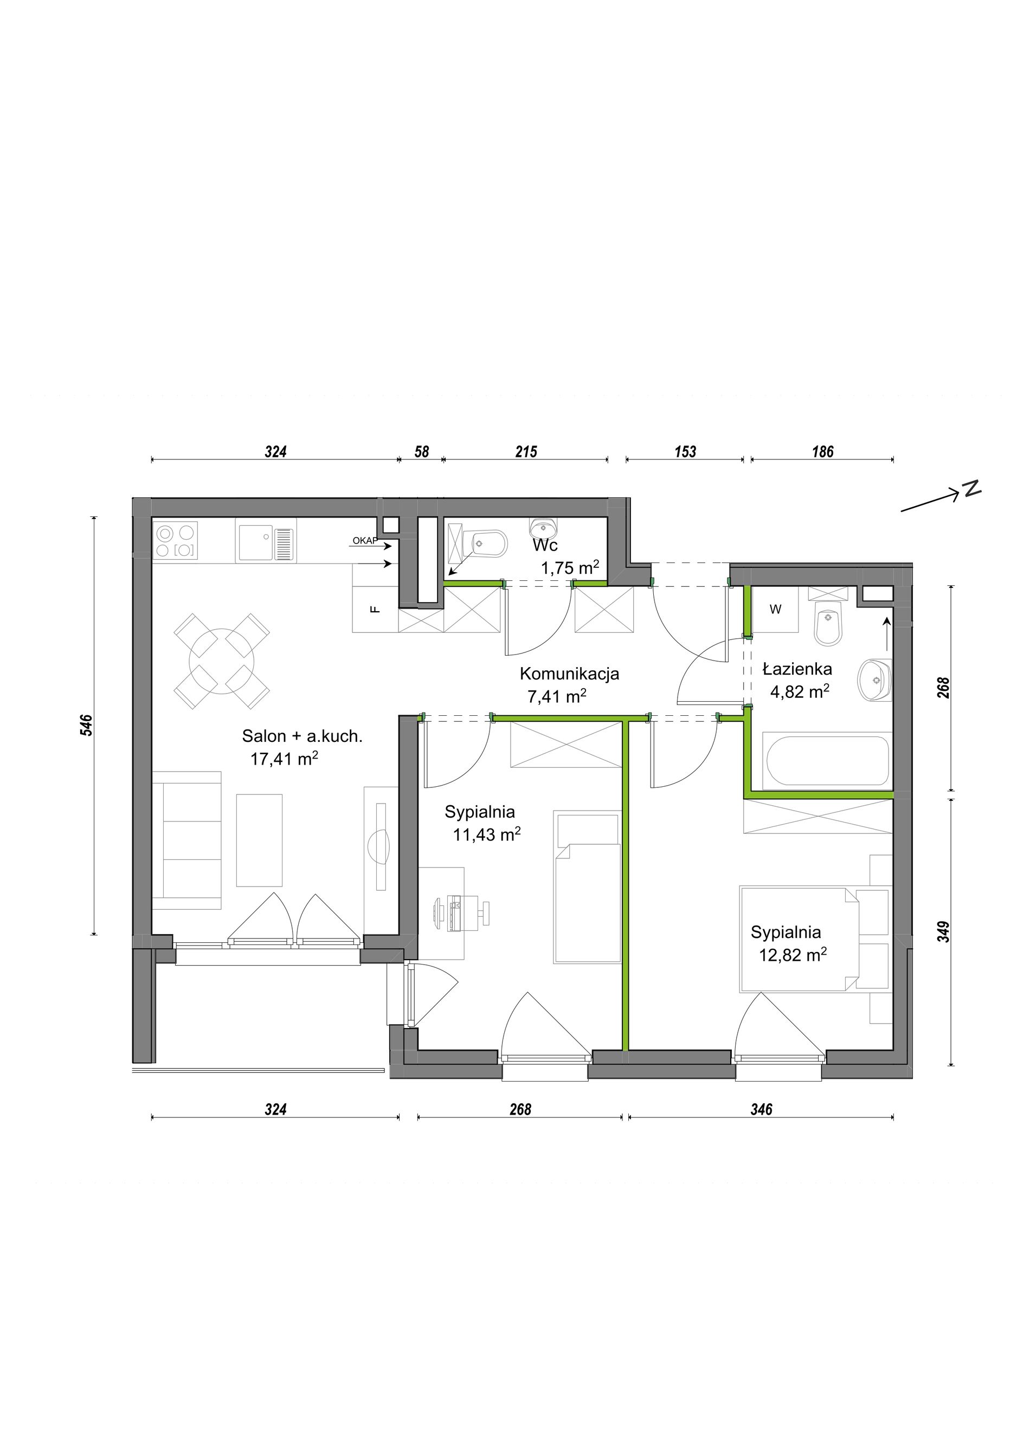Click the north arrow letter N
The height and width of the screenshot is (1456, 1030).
pos(973,489)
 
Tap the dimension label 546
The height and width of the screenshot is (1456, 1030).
pos(87,726)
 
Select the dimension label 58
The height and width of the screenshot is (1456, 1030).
pos(422,451)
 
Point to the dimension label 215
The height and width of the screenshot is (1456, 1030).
pos(526,451)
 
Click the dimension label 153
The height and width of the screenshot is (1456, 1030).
pos(686,451)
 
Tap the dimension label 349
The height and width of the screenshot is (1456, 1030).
pos(944,931)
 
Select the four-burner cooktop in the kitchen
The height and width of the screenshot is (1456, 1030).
pos(176,540)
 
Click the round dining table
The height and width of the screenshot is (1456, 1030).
pos(222,661)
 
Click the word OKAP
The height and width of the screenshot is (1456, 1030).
pos(365,541)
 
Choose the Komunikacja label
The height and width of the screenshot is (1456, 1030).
pos(570,674)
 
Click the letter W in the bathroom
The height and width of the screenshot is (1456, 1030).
pos(775,610)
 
